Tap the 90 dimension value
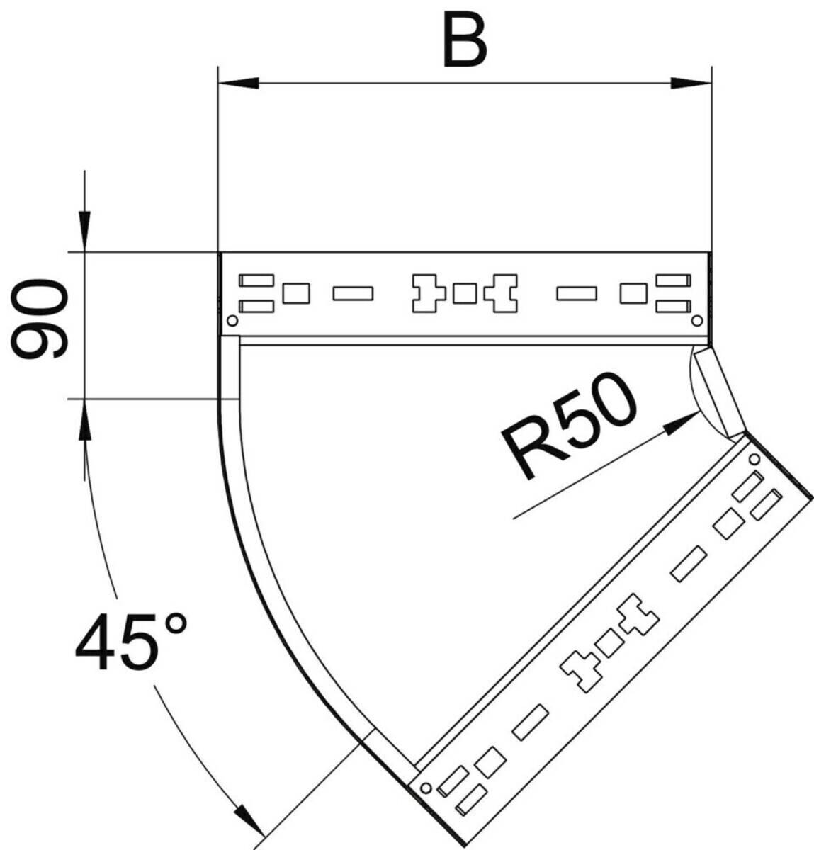tap(40, 319)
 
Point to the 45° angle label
tap(130, 641)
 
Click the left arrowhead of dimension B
tap(239, 83)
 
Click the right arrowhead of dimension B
tap(691, 83)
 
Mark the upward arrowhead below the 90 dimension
tap(85, 419)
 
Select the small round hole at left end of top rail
tap(233, 321)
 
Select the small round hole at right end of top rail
tap(697, 321)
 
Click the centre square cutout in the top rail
tap(465, 293)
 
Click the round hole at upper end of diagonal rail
tap(754, 459)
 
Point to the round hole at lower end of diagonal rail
tap(425, 788)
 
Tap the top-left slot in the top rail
tap(256, 280)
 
